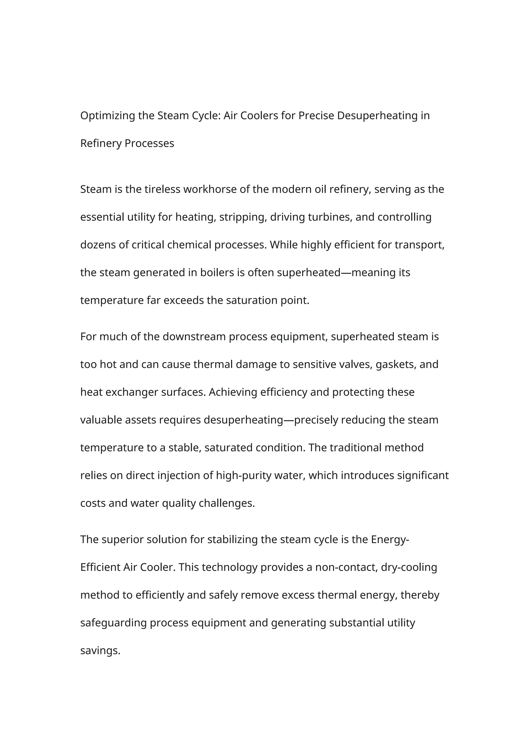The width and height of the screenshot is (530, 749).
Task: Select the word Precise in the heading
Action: [x=316, y=116]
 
